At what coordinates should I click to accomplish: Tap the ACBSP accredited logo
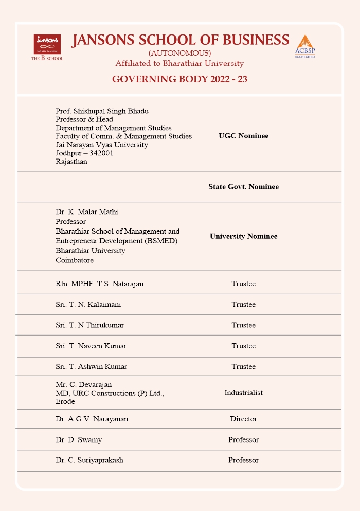pyautogui.click(x=304, y=46)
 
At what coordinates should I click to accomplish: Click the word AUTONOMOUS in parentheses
pyautogui.click(x=179, y=53)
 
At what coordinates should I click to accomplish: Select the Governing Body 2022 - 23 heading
pyautogui.click(x=179, y=79)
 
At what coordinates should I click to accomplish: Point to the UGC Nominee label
pyautogui.click(x=243, y=136)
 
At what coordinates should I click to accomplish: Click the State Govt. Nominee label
pyautogui.click(x=243, y=186)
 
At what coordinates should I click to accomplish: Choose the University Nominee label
pyautogui.click(x=243, y=236)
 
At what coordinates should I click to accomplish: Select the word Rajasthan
pyautogui.click(x=71, y=161)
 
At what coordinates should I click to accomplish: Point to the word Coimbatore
pyautogui.click(x=75, y=260)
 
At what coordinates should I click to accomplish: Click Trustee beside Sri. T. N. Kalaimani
pyautogui.click(x=243, y=304)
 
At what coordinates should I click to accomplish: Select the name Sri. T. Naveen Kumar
pyautogui.click(x=91, y=346)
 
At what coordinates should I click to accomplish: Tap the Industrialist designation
pyautogui.click(x=243, y=392)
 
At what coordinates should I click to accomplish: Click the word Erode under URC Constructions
pyautogui.click(x=65, y=401)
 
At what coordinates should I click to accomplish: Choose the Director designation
pyautogui.click(x=243, y=419)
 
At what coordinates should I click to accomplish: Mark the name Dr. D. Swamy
pyautogui.click(x=79, y=439)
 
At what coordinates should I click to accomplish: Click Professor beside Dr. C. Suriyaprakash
pyautogui.click(x=243, y=460)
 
